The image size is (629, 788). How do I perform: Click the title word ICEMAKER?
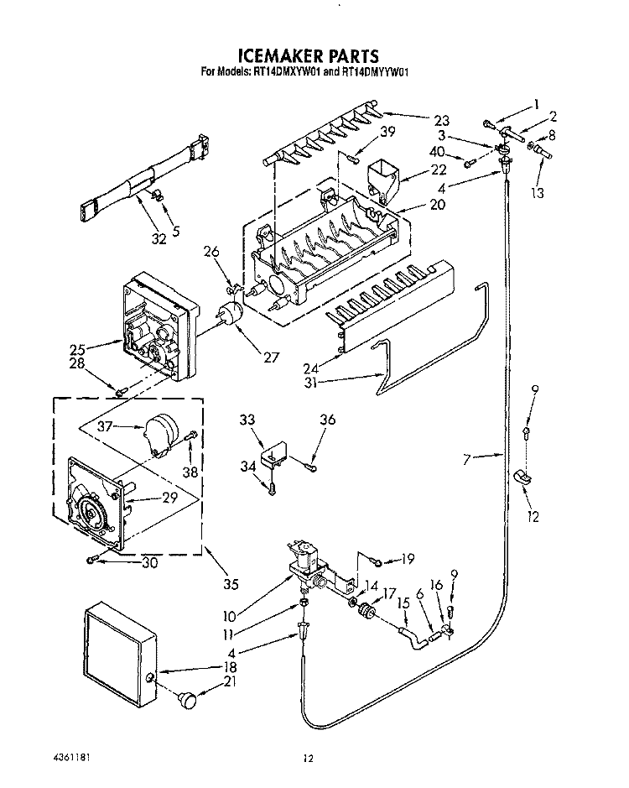tap(280, 55)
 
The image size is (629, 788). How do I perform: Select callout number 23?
tap(442, 121)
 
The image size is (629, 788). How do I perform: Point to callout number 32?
tap(159, 239)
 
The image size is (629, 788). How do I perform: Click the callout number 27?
tap(271, 357)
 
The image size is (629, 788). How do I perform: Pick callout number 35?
tap(231, 584)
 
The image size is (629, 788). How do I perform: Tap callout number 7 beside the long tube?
tap(467, 459)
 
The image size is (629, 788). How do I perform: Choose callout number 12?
tap(533, 517)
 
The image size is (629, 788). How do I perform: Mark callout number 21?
tap(230, 681)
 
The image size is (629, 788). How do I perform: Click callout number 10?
tap(229, 616)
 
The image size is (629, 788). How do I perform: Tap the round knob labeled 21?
tap(188, 699)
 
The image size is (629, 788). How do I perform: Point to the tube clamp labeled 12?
tap(523, 477)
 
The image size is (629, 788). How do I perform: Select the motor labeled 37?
tap(161, 434)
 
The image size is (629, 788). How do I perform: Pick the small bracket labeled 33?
tap(273, 451)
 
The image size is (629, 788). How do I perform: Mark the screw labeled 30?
tap(91, 560)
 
